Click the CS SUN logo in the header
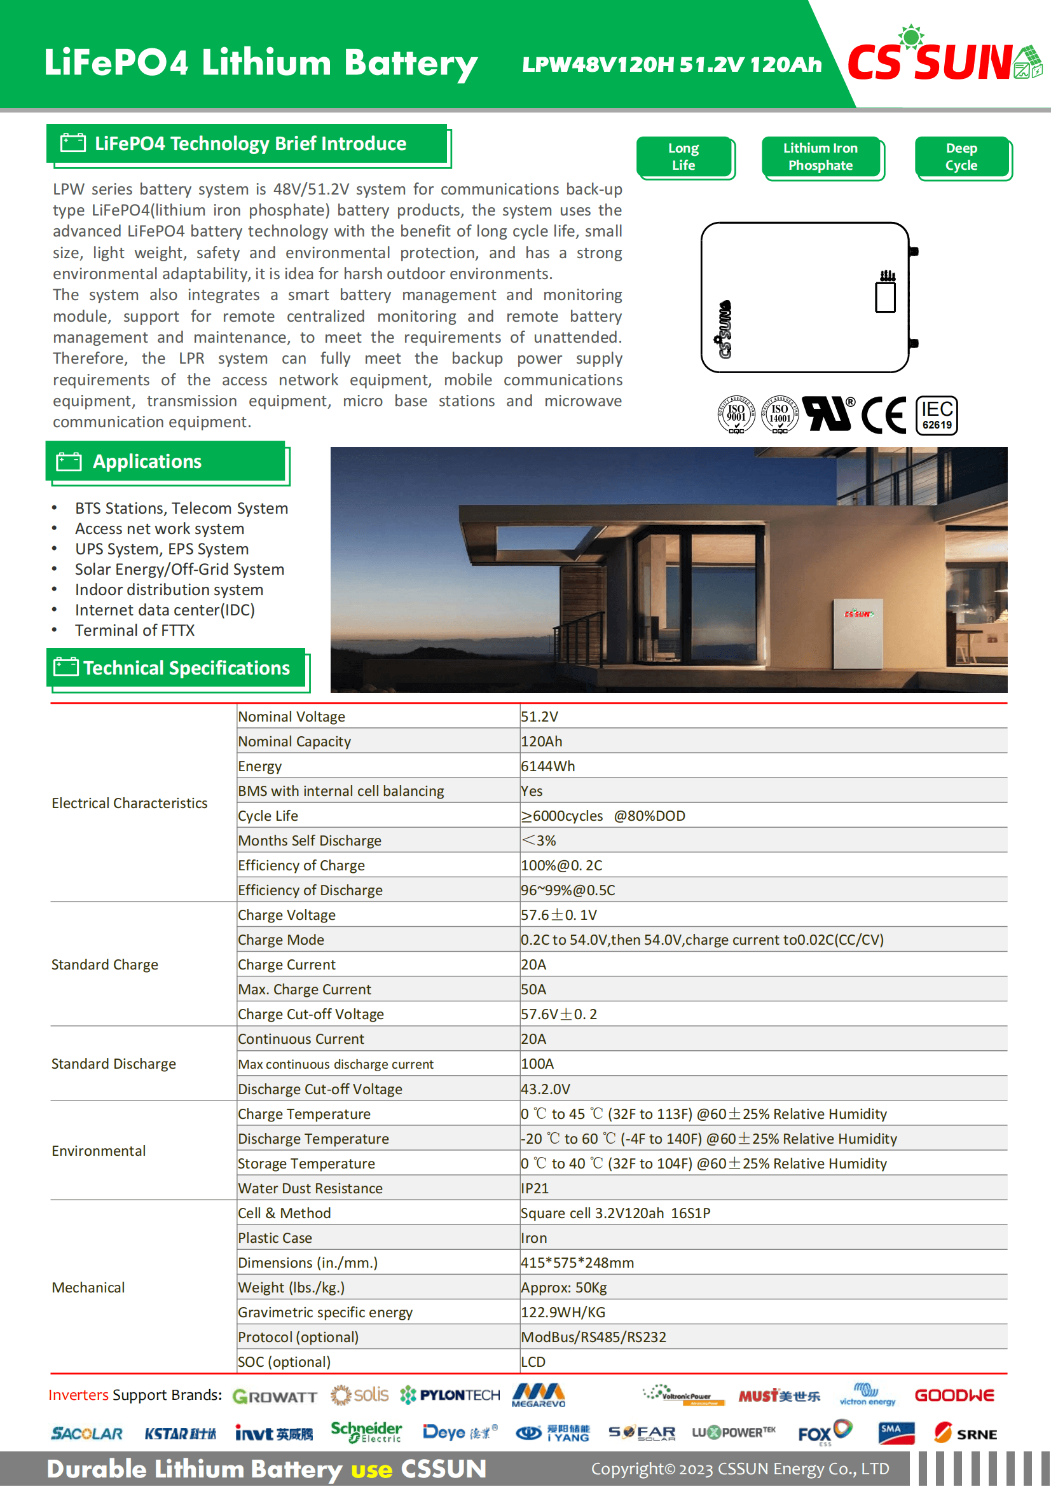coord(942,59)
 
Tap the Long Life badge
coord(684,157)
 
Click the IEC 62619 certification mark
coord(937,415)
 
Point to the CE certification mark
coord(883,415)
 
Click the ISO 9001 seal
coord(736,415)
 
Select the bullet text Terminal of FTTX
coord(135,630)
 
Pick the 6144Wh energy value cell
coord(548,766)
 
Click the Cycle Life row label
coord(268,816)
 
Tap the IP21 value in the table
coord(535,1188)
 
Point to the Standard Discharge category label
coord(114,1064)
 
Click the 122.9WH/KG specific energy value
coord(563,1313)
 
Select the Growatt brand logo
coord(275,1396)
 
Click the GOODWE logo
coord(954,1395)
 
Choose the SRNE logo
coord(966,1433)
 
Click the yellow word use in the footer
coord(372,1469)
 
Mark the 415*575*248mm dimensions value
coord(577,1263)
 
